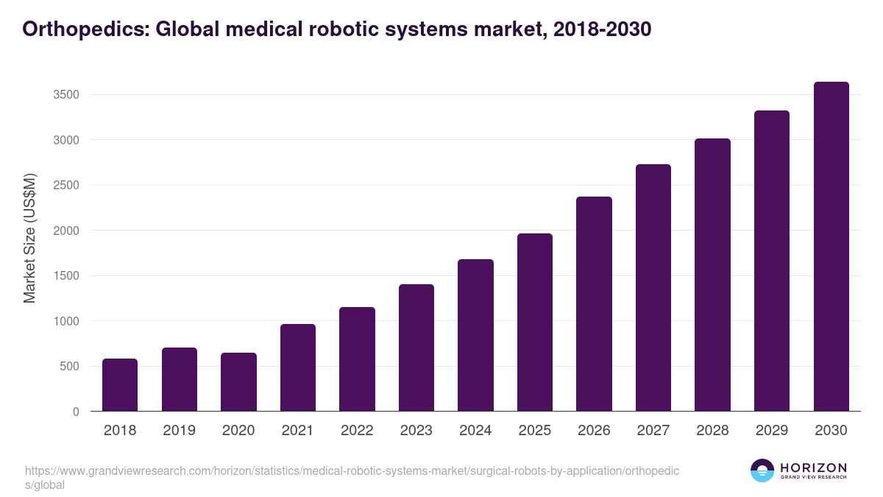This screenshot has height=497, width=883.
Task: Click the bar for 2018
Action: [x=120, y=385]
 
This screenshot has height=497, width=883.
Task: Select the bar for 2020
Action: [x=238, y=382]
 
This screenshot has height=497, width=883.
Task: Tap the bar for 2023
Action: [x=416, y=348]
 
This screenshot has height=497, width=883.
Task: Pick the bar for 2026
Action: [x=594, y=304]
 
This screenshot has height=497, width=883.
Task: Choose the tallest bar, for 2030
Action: [x=831, y=247]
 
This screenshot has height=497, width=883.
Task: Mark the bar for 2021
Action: [x=298, y=367]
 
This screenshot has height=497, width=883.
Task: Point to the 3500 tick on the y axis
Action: [x=65, y=95]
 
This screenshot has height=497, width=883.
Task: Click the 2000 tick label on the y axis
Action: [x=65, y=230]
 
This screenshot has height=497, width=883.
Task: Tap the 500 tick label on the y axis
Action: [x=68, y=367]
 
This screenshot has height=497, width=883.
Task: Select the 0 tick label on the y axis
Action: [x=75, y=412]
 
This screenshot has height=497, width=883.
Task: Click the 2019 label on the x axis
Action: [x=179, y=431]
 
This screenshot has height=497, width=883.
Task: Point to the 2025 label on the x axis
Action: [x=534, y=431]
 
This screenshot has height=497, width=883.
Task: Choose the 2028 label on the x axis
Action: [x=712, y=431]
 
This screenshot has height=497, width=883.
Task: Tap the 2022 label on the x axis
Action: [x=357, y=431]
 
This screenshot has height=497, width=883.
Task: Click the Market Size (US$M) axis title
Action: [x=29, y=239]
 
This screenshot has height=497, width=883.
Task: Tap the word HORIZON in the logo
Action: [x=813, y=468]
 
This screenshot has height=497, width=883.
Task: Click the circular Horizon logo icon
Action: [x=762, y=470]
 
